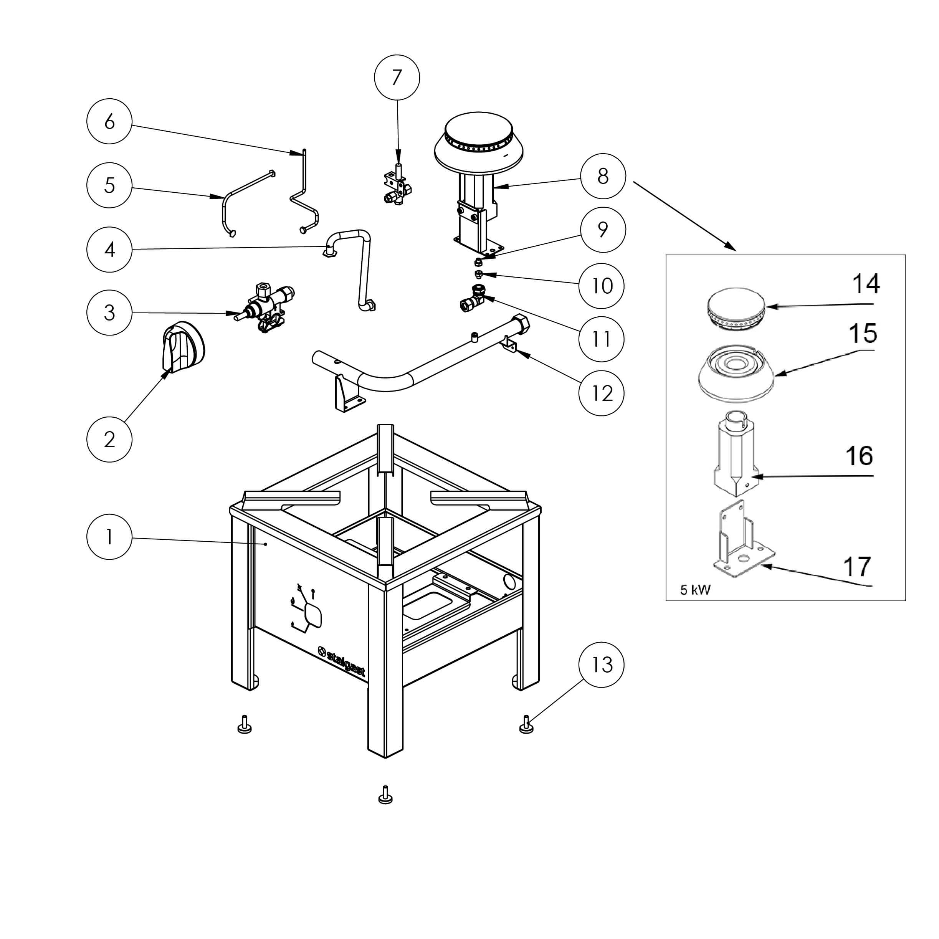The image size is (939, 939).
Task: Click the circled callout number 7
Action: click(397, 78)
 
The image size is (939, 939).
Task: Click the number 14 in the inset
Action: click(866, 284)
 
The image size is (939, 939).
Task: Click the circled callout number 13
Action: click(601, 665)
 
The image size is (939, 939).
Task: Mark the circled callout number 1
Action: click(109, 537)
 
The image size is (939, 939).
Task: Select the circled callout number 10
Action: click(601, 286)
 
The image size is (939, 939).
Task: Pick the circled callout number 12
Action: click(601, 393)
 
